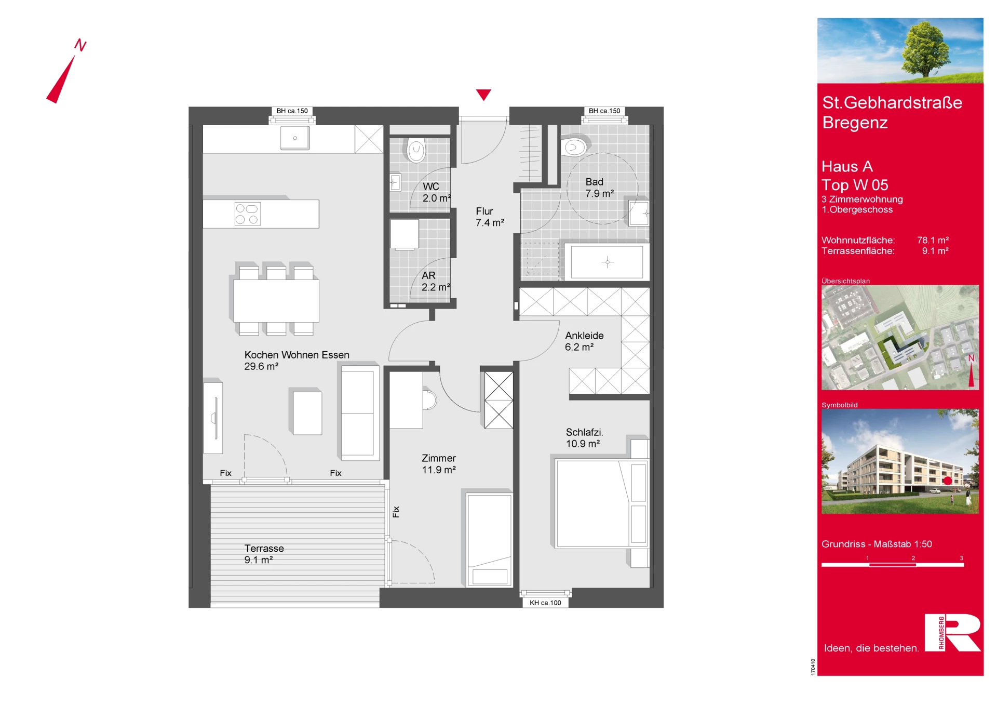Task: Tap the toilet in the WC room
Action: click(416, 150)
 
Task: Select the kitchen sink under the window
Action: click(295, 138)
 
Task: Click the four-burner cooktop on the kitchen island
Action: click(247, 214)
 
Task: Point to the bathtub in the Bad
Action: click(607, 262)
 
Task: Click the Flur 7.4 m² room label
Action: click(490, 217)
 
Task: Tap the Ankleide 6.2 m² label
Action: click(584, 341)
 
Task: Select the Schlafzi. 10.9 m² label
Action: click(584, 438)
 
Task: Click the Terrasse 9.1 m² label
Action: click(264, 554)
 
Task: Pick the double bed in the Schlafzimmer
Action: click(601, 503)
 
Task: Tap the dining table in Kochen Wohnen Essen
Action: click(276, 301)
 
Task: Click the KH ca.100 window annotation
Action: click(545, 603)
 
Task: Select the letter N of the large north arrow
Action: click(80, 45)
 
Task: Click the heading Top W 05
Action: click(855, 185)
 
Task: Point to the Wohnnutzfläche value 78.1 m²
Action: click(933, 240)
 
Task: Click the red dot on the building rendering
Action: click(948, 481)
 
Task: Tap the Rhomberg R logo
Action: click(952, 632)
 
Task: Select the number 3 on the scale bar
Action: click(961, 558)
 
